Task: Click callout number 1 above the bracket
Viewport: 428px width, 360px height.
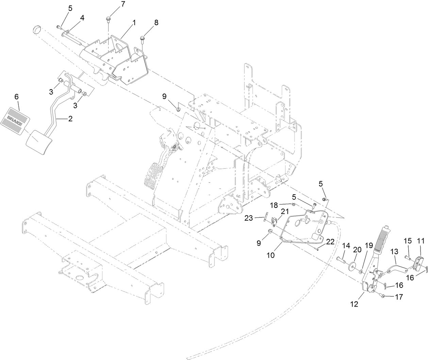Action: (134, 23)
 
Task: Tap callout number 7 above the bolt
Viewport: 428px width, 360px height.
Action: (113, 4)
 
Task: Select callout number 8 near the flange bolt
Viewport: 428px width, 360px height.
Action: (156, 23)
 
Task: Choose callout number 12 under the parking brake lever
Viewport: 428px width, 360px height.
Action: (354, 304)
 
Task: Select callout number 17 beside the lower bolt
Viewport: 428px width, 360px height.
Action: (399, 297)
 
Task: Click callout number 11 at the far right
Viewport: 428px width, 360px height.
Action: (421, 241)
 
